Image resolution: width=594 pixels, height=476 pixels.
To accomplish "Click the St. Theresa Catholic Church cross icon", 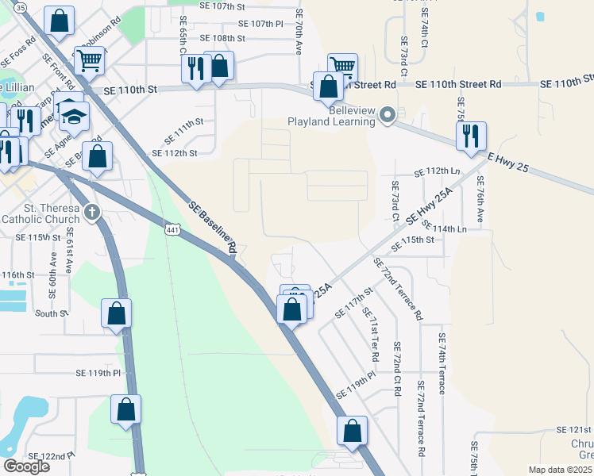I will coord(93,212).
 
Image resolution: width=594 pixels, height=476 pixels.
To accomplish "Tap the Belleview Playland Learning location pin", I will coord(388,116).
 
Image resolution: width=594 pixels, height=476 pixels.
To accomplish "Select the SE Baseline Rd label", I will coord(213,228).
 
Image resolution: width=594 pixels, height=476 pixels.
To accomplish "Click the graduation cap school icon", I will coord(74,116).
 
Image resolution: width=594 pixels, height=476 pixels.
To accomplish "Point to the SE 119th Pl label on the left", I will coord(98,372).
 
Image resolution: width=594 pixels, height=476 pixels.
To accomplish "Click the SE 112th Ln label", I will coord(438,171).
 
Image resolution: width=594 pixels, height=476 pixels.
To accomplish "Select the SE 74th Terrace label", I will coord(442,364).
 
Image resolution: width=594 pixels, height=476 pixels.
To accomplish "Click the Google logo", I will coord(26,466).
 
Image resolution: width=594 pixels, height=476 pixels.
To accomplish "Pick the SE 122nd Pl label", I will coord(51,456).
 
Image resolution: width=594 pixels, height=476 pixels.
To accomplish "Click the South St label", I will coord(52,313).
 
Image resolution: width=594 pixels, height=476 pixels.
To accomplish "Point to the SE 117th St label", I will coord(354,302).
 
